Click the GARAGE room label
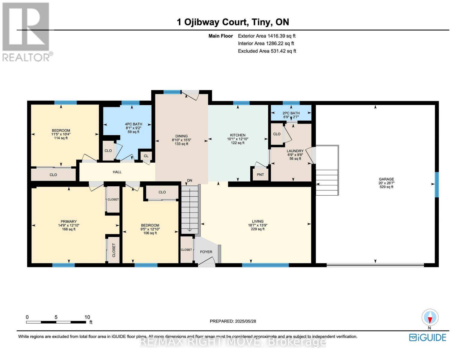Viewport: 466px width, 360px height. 386,179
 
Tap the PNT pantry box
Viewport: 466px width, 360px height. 260,175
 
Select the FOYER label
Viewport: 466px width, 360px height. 206,252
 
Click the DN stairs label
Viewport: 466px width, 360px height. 190,181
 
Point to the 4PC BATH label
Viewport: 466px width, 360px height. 134,124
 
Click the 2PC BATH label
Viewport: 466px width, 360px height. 291,113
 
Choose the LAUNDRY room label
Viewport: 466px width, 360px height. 295,151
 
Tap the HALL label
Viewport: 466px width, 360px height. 117,172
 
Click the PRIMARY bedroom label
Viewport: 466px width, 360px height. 69,221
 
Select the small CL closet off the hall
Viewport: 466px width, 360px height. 146,156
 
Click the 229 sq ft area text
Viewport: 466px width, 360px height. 257,229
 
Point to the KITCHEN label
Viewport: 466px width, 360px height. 238,135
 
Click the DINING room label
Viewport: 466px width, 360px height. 181,136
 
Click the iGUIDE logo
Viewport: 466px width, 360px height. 428,337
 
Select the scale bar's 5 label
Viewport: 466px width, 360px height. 56,317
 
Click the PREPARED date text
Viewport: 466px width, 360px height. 233,321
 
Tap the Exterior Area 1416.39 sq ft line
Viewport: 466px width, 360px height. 266,36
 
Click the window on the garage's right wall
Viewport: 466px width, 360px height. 437,184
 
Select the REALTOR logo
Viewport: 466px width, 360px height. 26,31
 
